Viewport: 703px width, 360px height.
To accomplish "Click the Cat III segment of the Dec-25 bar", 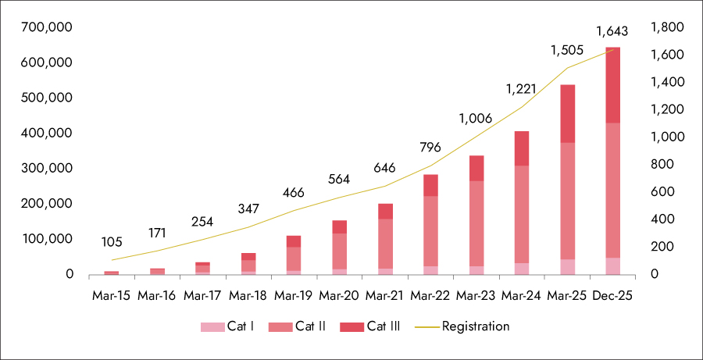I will click(612, 84).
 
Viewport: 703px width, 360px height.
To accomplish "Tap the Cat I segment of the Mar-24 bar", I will click(521, 269).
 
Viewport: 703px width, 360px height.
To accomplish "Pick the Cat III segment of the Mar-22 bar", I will click(430, 185).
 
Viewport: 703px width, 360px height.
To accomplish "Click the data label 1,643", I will click(612, 32).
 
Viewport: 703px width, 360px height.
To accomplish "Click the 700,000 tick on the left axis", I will click(48, 27).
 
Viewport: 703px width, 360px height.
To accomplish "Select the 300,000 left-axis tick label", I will click(48, 169).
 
